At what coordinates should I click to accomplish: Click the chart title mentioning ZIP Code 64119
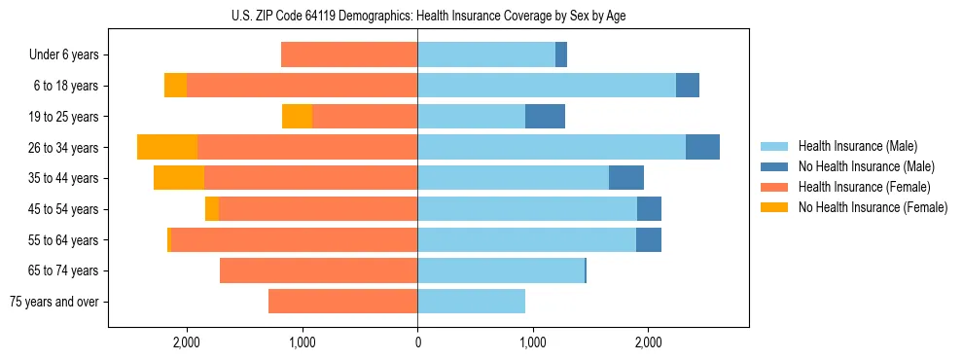(428, 16)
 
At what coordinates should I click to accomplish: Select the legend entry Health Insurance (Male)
(852, 147)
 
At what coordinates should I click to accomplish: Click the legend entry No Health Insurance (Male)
(859, 167)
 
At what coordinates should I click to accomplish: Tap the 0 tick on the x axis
(417, 342)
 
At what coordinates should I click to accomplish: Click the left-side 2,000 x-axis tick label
(186, 342)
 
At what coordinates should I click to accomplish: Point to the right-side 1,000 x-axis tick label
(532, 342)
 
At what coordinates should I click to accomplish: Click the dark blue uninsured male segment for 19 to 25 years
(545, 117)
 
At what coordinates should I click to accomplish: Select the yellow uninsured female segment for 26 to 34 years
(167, 147)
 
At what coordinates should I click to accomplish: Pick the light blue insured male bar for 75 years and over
(471, 302)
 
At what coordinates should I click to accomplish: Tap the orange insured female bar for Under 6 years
(349, 55)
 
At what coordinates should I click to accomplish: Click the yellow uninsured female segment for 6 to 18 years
(175, 86)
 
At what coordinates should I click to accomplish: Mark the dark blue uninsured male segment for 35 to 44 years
(626, 178)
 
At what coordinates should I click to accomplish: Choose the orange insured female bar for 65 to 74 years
(318, 270)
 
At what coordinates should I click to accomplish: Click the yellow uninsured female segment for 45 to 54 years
(212, 209)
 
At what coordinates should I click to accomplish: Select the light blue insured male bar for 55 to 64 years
(526, 239)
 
